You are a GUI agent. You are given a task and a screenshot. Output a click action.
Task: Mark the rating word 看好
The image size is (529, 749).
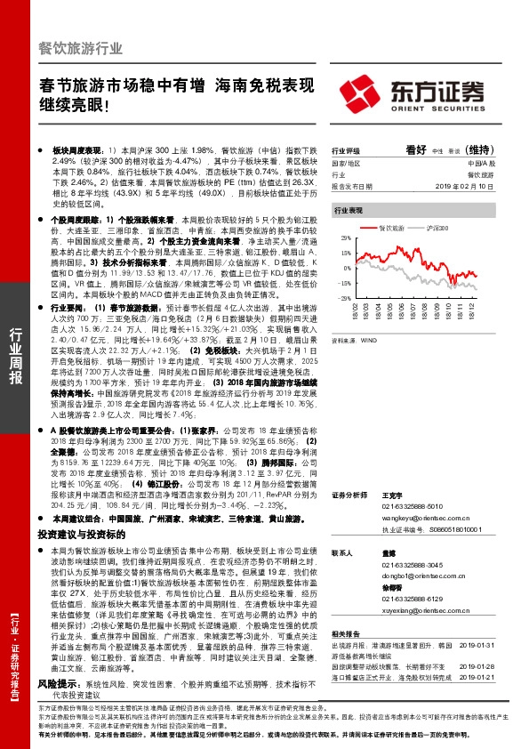[x=415, y=149]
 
